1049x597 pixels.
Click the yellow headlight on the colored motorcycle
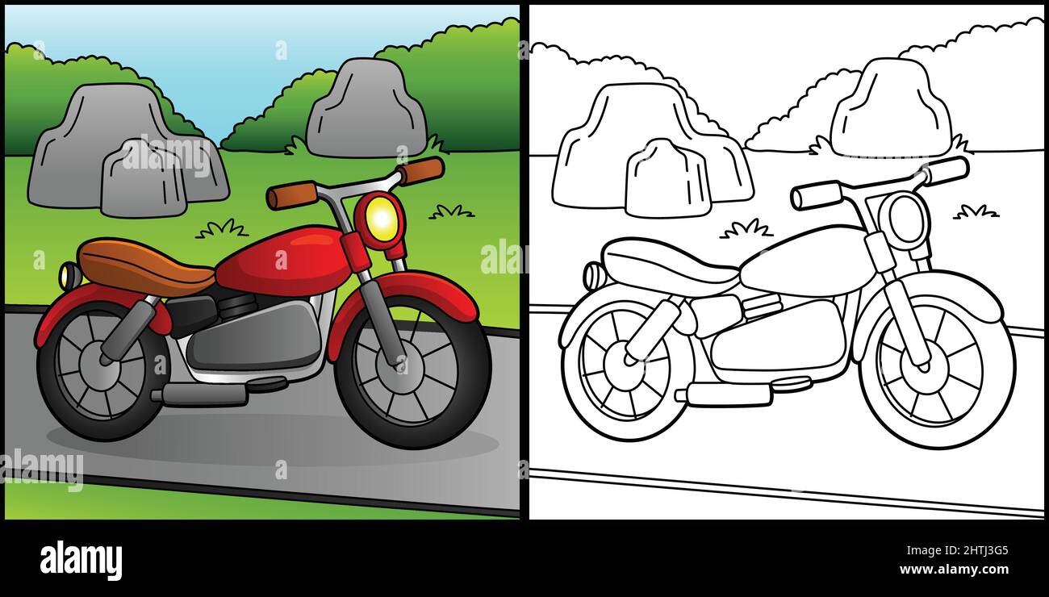point(381,218)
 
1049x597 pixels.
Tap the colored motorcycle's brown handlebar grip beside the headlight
point(420,170)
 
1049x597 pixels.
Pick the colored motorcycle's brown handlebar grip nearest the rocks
point(291,194)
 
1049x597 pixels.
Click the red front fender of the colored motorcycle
point(403,295)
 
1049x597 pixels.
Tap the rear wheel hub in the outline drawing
point(625,365)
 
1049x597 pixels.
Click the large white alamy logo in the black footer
point(81,560)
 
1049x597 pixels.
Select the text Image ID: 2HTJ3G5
point(957,550)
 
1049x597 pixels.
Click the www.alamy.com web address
point(954,570)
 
